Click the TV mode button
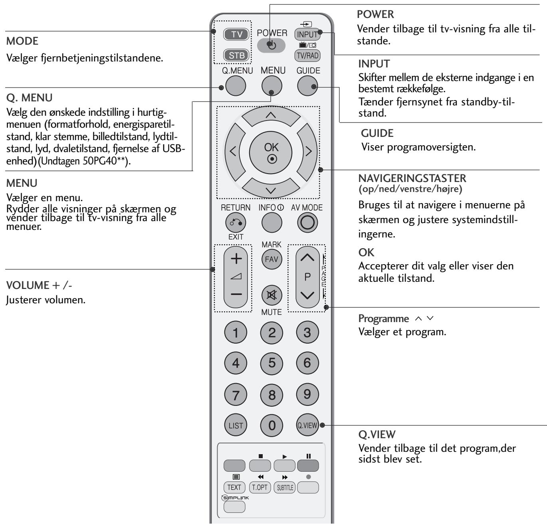[x=237, y=34]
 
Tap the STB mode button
[x=237, y=55]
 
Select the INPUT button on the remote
[x=307, y=34]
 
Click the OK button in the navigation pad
[x=271, y=152]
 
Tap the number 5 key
[x=272, y=363]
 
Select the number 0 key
[x=272, y=425]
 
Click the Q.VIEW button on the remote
[x=307, y=425]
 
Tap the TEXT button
[x=234, y=487]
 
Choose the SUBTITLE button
[x=285, y=487]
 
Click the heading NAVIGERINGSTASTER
[x=412, y=178]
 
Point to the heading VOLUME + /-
[x=33, y=286]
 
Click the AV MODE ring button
[x=307, y=223]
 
